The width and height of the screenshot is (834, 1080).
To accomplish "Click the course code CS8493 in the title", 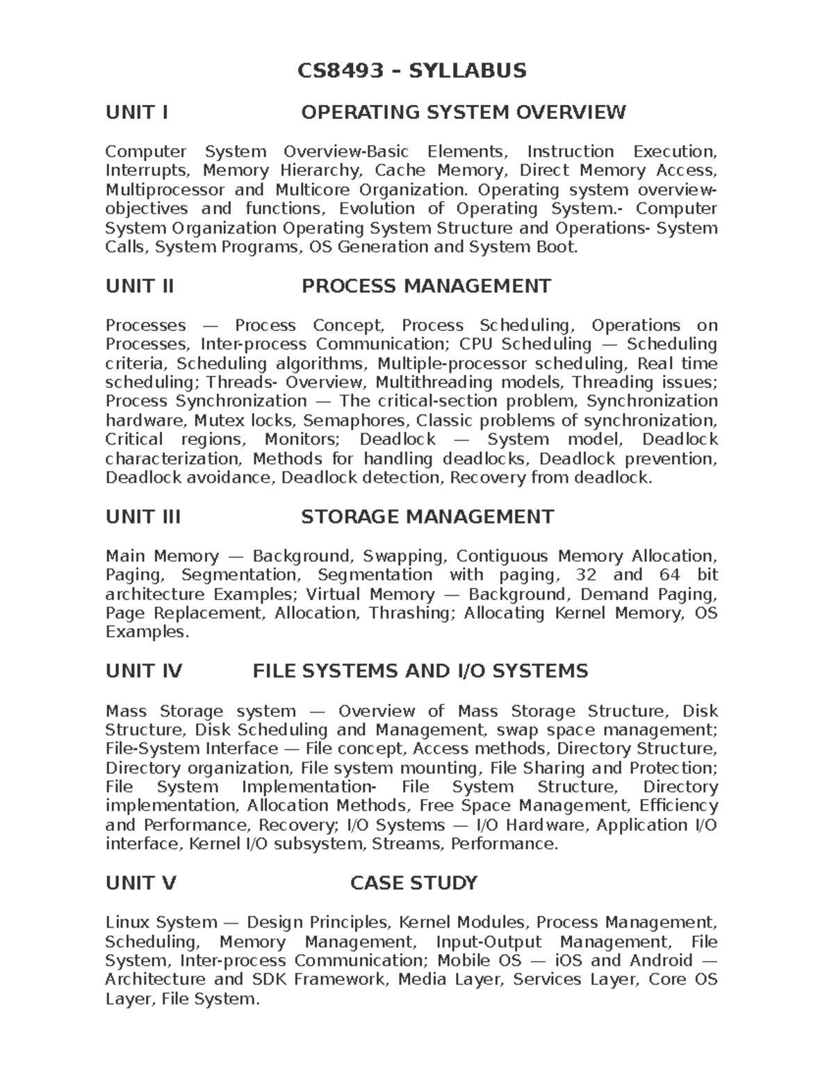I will (x=340, y=70).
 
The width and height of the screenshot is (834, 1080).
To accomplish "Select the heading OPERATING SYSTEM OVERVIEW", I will (x=463, y=112).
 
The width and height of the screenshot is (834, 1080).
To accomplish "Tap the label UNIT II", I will (x=139, y=286).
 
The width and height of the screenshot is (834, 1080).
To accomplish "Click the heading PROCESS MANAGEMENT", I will (x=426, y=286).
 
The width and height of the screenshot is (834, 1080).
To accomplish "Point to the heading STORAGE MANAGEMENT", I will (x=427, y=517).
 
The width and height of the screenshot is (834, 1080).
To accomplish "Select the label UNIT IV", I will (x=143, y=671).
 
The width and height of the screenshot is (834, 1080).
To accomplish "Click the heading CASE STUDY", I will (x=414, y=883).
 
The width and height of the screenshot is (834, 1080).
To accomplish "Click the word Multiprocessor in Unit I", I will (x=165, y=190).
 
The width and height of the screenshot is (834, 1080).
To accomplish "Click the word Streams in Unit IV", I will (x=407, y=844).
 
